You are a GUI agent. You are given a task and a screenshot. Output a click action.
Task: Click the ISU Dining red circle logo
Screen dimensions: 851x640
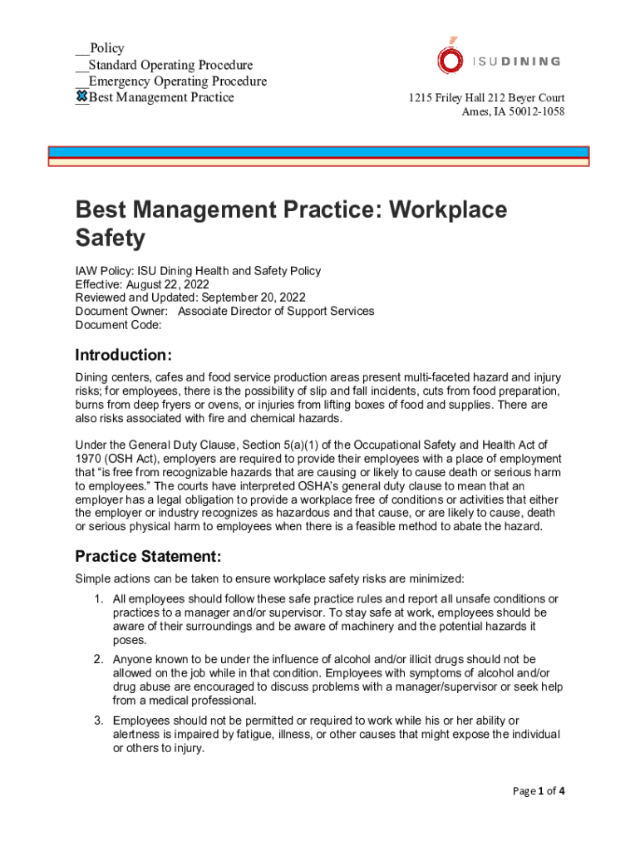(450, 60)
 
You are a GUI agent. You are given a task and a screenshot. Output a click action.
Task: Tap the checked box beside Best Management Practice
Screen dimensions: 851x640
(82, 97)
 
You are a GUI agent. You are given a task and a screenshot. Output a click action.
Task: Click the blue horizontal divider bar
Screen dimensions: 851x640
(318, 152)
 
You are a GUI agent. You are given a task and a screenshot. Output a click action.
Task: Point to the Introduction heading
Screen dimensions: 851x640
(124, 356)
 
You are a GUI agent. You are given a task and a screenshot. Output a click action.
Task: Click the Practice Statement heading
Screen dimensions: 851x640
(148, 556)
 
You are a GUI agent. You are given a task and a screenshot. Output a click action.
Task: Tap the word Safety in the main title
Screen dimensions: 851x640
(110, 239)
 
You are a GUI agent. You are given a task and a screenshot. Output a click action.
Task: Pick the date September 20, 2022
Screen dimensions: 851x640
(254, 298)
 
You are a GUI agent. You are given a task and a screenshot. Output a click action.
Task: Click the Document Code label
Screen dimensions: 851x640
(118, 324)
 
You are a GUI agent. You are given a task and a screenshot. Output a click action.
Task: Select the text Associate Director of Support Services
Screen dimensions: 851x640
(276, 311)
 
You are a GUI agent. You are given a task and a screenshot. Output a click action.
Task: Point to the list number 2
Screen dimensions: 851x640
(98, 660)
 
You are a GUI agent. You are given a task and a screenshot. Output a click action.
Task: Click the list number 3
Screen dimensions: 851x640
(98, 721)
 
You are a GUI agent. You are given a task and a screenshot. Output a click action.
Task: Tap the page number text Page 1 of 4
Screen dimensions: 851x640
(539, 791)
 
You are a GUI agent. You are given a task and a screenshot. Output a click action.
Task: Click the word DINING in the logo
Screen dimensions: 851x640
(530, 61)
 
